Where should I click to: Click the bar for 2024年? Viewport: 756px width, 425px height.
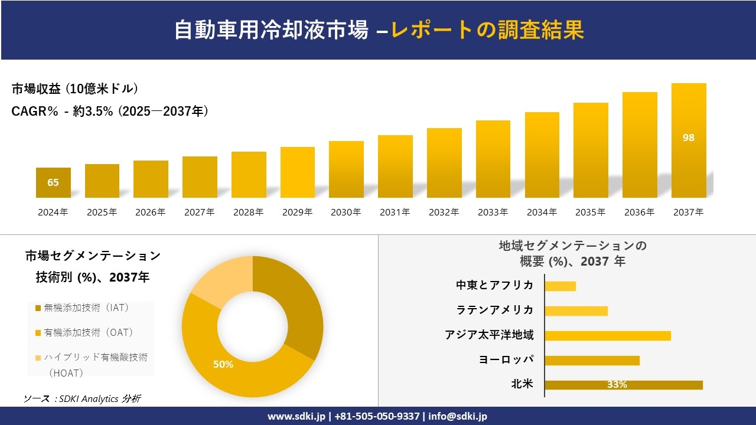[53, 182]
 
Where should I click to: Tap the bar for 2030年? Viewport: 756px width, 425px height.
[346, 169]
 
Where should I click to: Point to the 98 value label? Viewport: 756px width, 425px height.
[689, 138]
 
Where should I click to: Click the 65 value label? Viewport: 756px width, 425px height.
[53, 182]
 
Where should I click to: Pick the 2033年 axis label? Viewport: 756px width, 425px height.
[493, 212]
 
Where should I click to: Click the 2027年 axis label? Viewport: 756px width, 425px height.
[199, 212]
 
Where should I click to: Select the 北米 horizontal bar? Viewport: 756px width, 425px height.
[623, 385]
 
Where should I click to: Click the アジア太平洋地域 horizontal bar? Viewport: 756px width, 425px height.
[607, 335]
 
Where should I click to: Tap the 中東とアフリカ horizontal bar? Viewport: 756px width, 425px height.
[560, 286]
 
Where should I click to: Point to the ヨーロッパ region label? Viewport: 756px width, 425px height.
[506, 360]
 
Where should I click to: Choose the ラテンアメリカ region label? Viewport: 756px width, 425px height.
[494, 310]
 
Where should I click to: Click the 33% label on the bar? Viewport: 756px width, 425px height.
[617, 385]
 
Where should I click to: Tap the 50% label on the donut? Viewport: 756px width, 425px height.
[223, 364]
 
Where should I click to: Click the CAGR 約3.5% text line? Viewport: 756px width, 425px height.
[110, 112]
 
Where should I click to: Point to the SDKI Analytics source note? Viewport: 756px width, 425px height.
[82, 398]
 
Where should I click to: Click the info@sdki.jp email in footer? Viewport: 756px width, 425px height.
[458, 416]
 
